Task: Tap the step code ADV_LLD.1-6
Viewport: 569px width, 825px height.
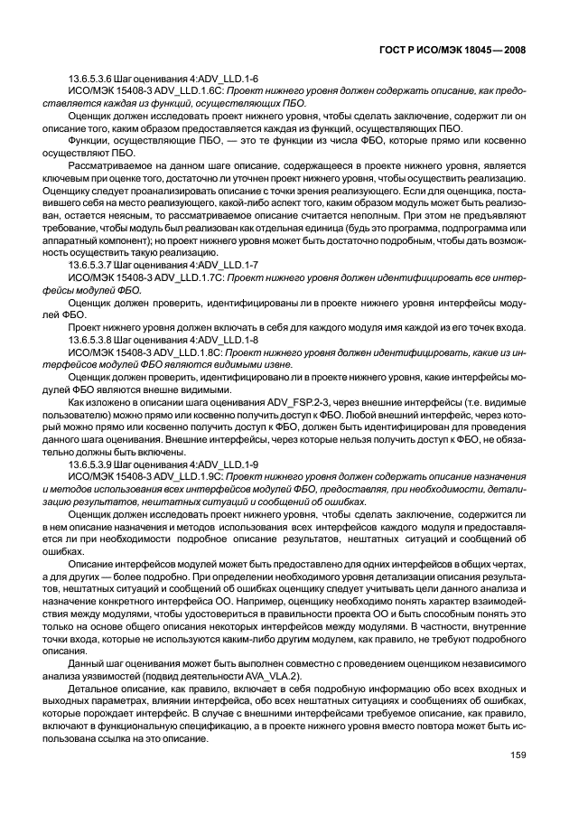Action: (x=226, y=80)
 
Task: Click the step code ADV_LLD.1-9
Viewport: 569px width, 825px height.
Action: (x=226, y=464)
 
